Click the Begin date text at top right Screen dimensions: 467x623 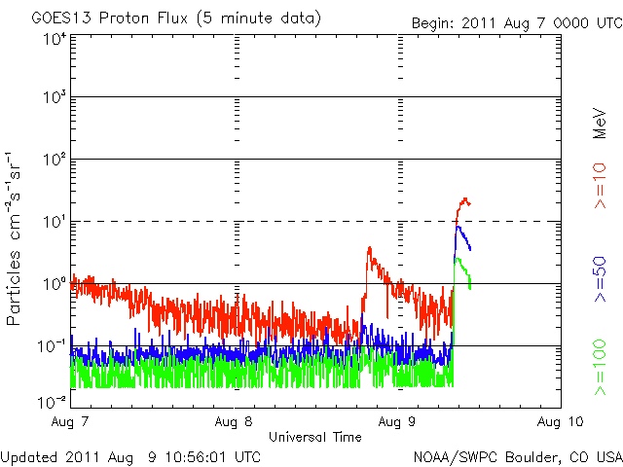tap(515, 21)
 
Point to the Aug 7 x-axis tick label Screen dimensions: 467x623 tap(71, 422)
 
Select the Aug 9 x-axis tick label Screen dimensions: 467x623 tap(397, 422)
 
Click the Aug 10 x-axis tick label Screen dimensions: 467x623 tap(560, 422)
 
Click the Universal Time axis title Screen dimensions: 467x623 tap(315, 437)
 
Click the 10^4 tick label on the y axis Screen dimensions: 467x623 tap(55, 39)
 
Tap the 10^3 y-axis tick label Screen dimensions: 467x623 tap(55, 98)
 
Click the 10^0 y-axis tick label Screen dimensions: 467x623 tap(55, 284)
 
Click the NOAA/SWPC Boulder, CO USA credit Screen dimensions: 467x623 tap(517, 455)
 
